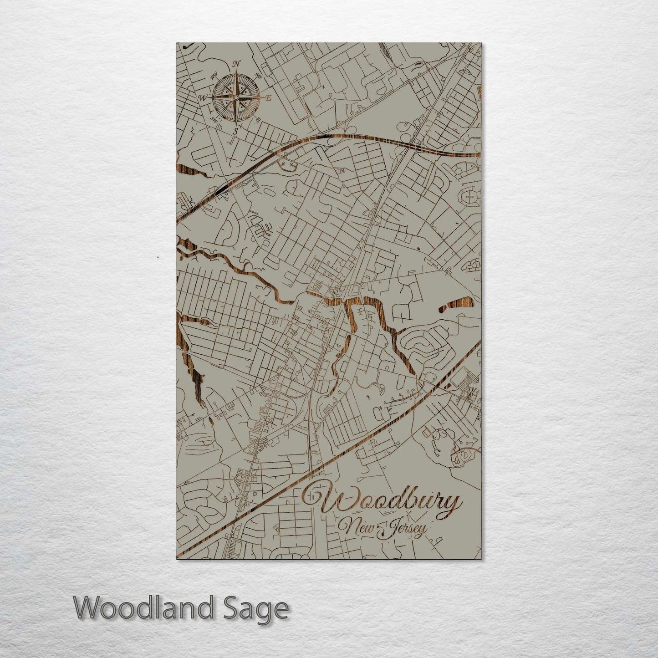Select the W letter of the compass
(x=203, y=97)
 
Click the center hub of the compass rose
(x=236, y=97)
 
